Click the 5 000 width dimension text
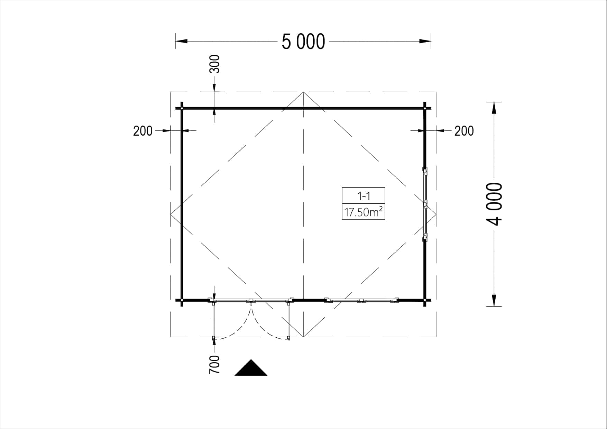[303, 42]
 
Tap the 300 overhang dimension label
[215, 64]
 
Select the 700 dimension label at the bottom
[214, 364]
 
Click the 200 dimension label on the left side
[143, 131]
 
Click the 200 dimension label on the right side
[464, 131]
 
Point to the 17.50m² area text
[363, 212]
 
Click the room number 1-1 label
[364, 196]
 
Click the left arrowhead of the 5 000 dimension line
[182, 41]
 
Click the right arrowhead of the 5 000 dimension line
[425, 41]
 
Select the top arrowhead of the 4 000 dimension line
[494, 108]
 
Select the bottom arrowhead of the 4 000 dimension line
[494, 300]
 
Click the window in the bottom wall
[361, 300]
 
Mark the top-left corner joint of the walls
[182, 108]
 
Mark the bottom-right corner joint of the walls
[425, 300]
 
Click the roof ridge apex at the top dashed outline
[303, 92]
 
